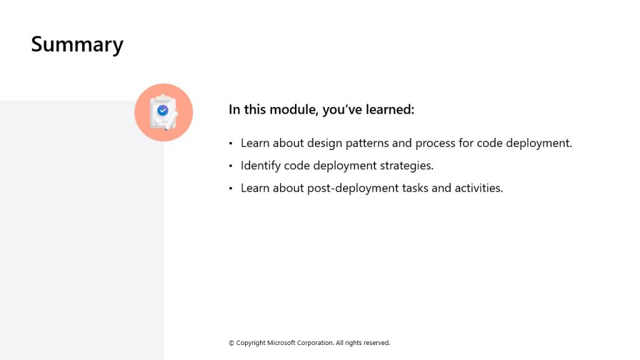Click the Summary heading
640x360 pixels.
[x=77, y=44]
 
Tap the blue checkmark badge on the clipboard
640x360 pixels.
[x=163, y=110]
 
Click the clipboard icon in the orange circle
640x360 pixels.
[x=164, y=112]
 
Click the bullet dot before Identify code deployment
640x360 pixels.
[x=231, y=166]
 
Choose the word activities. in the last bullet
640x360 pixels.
[x=479, y=188]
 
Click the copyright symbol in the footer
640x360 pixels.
[x=231, y=343]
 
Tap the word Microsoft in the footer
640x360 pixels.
[x=281, y=343]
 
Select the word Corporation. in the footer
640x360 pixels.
[x=316, y=343]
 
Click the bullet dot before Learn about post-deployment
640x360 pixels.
[x=231, y=188]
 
